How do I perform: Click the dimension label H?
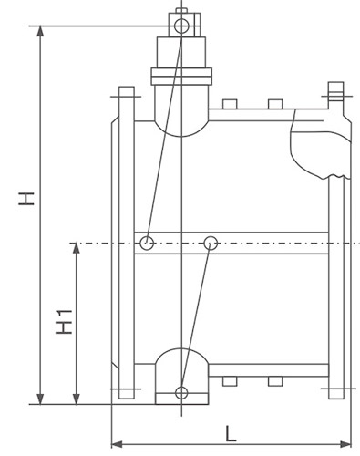[x=26, y=199]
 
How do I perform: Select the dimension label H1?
[x=64, y=322]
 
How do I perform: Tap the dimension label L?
[x=231, y=434]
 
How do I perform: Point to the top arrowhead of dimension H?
[x=40, y=31]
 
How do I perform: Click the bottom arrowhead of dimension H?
[x=40, y=399]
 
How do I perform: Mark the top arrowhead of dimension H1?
[x=77, y=248]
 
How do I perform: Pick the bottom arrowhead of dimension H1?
[x=77, y=399]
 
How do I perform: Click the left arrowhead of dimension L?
[x=118, y=444]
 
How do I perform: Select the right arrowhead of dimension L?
[x=345, y=444]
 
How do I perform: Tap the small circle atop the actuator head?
[x=181, y=26]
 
